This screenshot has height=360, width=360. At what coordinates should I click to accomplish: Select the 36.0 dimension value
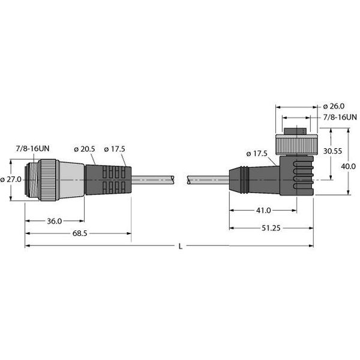coord(54,221)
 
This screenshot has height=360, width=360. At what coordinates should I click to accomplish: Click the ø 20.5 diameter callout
coord(85,149)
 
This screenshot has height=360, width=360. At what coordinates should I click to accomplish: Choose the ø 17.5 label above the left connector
coord(115,149)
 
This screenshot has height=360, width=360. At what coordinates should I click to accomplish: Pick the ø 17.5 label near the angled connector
coord(256,154)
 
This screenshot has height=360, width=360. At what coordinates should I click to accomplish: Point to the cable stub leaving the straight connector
coord(153,178)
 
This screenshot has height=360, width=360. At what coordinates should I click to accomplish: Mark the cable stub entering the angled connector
coord(207,178)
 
